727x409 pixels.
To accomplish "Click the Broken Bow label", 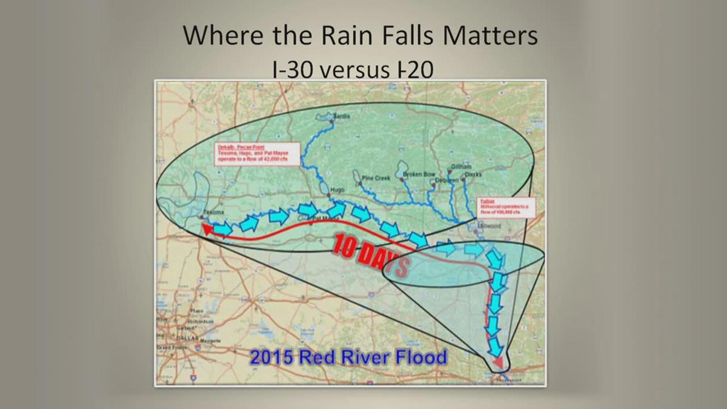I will pyautogui.click(x=419, y=175).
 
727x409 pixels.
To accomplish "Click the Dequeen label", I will pyautogui.click(x=447, y=181).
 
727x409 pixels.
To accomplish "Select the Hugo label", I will pyautogui.click(x=336, y=190).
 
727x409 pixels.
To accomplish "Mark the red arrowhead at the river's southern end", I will pyautogui.click(x=497, y=362).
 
